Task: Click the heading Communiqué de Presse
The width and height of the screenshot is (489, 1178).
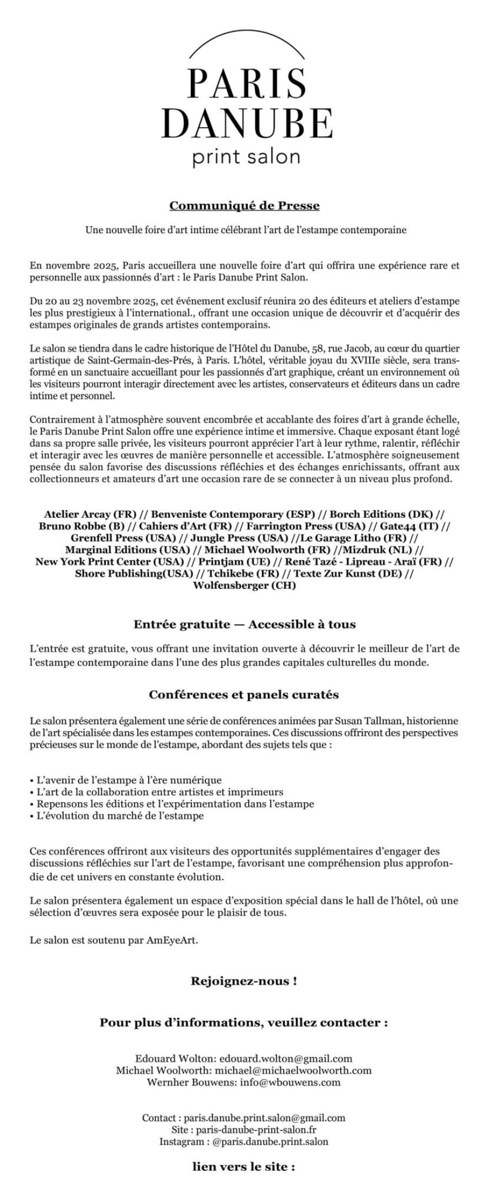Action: (244, 206)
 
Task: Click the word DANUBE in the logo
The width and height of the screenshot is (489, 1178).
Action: (247, 123)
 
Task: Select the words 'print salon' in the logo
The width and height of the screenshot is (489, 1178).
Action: (246, 157)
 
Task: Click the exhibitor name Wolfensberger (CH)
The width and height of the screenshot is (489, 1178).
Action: (244, 585)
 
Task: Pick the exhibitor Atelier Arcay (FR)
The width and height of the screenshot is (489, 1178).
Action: (90, 514)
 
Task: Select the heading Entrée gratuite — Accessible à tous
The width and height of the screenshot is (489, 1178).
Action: (244, 624)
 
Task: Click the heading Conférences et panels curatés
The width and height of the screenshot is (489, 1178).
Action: (244, 695)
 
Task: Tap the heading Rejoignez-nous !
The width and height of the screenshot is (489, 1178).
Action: (244, 982)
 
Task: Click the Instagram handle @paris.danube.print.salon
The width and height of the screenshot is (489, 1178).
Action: (270, 1142)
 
